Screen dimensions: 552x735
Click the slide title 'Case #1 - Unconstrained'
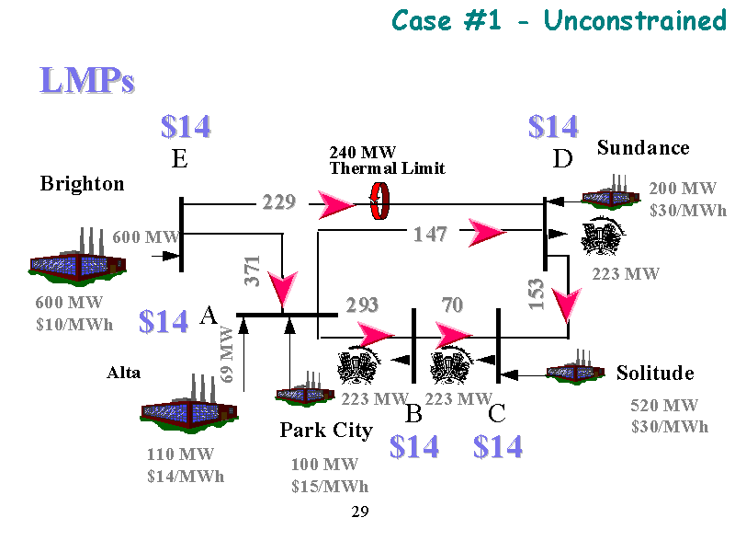[559, 20]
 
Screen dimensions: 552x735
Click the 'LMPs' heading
[87, 81]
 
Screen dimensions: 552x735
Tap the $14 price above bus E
[186, 126]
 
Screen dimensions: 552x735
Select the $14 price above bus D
[553, 126]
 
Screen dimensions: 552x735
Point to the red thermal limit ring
[378, 202]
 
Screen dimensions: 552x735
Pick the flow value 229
[278, 202]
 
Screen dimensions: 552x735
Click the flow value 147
[429, 235]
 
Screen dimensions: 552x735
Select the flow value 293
[362, 305]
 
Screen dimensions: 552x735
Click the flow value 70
[452, 305]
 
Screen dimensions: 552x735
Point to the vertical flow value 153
[537, 293]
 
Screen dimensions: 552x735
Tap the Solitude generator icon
[575, 371]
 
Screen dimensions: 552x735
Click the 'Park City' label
[326, 431]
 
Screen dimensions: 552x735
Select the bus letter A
[209, 316]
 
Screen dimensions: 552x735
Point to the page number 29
[359, 512]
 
